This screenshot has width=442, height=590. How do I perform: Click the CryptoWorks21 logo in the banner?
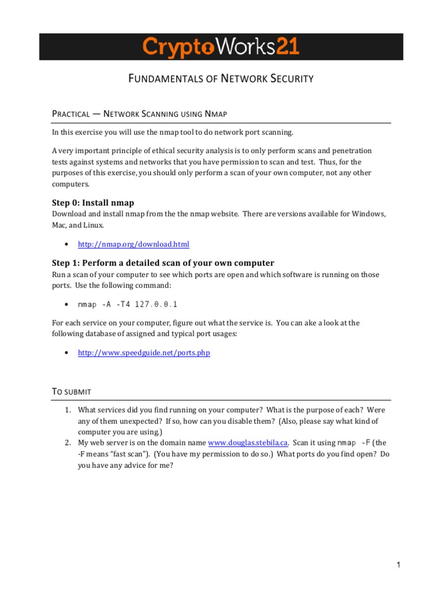(x=221, y=47)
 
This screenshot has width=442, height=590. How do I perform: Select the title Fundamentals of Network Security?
(x=221, y=79)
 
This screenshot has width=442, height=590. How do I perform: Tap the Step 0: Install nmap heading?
(x=93, y=202)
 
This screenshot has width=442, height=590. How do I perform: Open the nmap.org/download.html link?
(x=133, y=244)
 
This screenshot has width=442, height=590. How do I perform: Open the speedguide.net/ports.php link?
(x=143, y=353)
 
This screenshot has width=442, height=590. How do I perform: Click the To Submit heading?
(x=72, y=391)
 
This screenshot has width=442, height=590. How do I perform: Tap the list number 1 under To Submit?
(x=67, y=410)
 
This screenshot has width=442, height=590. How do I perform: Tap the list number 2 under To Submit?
(x=67, y=442)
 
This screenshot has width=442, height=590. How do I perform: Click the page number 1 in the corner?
(x=397, y=566)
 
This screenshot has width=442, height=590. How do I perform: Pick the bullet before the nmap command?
(x=67, y=304)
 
